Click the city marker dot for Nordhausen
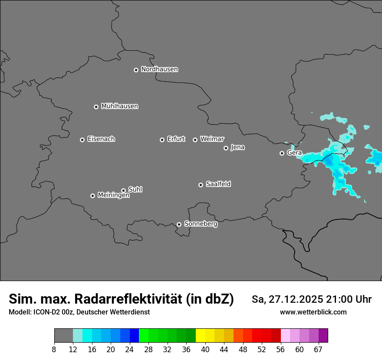(x=136, y=70)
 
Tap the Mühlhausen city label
(x=119, y=106)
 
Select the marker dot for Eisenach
(x=82, y=140)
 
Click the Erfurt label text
(x=176, y=139)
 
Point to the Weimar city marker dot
(x=195, y=140)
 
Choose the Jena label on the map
(x=237, y=147)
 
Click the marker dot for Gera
(x=282, y=153)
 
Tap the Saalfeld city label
(x=218, y=184)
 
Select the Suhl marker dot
(x=123, y=190)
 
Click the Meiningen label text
(x=113, y=196)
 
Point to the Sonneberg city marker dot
(x=179, y=224)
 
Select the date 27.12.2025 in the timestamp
(x=295, y=299)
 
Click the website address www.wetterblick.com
(x=313, y=312)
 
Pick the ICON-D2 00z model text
(x=52, y=312)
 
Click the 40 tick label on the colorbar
(x=205, y=349)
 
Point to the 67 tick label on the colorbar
(x=318, y=349)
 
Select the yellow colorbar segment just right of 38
(x=201, y=336)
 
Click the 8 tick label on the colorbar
(x=54, y=349)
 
